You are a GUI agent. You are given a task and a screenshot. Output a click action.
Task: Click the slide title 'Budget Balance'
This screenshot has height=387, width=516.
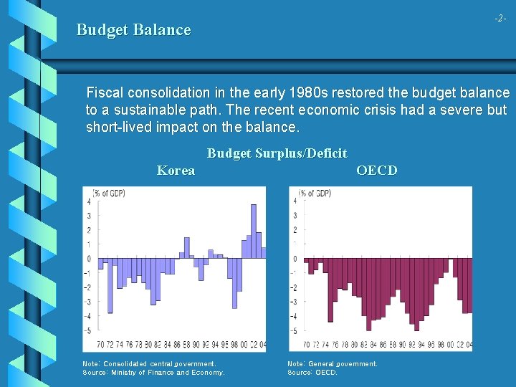pyautogui.click(x=133, y=30)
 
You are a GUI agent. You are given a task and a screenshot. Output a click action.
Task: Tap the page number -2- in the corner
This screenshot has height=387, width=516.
pyautogui.click(x=500, y=18)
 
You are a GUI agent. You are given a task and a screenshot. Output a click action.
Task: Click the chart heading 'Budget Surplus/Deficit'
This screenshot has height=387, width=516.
pyautogui.click(x=277, y=153)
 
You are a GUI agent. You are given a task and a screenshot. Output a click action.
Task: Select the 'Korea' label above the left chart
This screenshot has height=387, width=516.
pyautogui.click(x=176, y=171)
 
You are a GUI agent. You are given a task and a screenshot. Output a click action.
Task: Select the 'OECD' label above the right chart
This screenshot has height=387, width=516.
pyautogui.click(x=376, y=171)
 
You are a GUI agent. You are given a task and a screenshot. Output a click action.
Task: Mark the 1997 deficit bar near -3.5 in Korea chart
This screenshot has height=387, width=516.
pyautogui.click(x=234, y=283)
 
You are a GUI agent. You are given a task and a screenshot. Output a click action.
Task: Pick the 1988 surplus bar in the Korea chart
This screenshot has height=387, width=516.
pyautogui.click(x=188, y=254)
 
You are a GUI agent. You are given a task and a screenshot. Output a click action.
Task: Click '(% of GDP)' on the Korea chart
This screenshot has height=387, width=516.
pyautogui.click(x=104, y=193)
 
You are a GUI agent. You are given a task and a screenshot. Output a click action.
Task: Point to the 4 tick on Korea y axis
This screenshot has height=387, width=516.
pyautogui.click(x=88, y=201)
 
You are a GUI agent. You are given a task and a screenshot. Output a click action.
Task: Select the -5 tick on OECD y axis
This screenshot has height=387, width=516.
pyautogui.click(x=294, y=331)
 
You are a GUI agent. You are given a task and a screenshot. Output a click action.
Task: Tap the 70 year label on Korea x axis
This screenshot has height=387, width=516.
pyautogui.click(x=100, y=345)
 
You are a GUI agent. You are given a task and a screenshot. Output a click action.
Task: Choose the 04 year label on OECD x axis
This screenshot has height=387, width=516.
pyautogui.click(x=469, y=345)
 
